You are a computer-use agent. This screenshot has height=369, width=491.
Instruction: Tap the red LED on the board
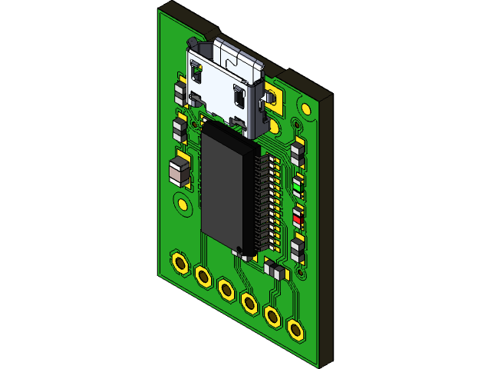point(298,218)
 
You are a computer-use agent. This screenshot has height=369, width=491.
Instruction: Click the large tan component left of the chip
point(179,171)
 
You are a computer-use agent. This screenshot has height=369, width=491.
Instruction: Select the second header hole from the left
point(203,275)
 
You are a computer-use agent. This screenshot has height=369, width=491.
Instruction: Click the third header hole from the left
point(226,289)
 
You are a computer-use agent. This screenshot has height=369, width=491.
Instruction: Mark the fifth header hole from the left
point(272,315)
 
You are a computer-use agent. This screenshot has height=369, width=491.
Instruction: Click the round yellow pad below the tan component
point(183,204)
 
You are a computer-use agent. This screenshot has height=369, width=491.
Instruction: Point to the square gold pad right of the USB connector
point(274,98)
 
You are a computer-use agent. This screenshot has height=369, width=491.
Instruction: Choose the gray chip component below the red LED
point(298,248)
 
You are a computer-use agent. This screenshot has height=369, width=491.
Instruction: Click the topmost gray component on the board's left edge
point(180,94)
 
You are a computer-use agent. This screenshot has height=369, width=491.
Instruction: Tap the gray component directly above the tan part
point(180,128)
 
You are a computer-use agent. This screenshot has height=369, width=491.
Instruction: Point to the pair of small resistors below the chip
point(272,268)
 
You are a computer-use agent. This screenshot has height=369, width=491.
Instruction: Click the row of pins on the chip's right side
point(265,200)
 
